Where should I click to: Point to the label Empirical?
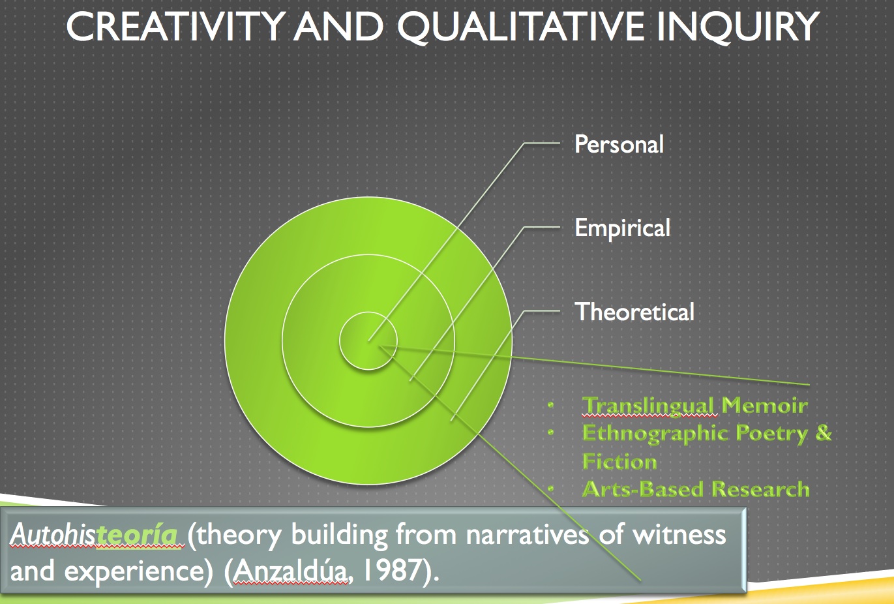coord(622,228)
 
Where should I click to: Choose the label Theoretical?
coord(634,311)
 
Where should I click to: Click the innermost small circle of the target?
coord(368,340)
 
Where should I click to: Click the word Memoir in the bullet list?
coord(764,405)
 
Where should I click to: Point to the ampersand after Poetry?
coord(824,432)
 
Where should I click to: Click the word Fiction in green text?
coord(619,461)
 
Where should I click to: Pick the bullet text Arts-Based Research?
coord(696,489)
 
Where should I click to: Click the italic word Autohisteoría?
coord(94,534)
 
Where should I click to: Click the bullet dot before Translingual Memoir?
coord(551,405)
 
